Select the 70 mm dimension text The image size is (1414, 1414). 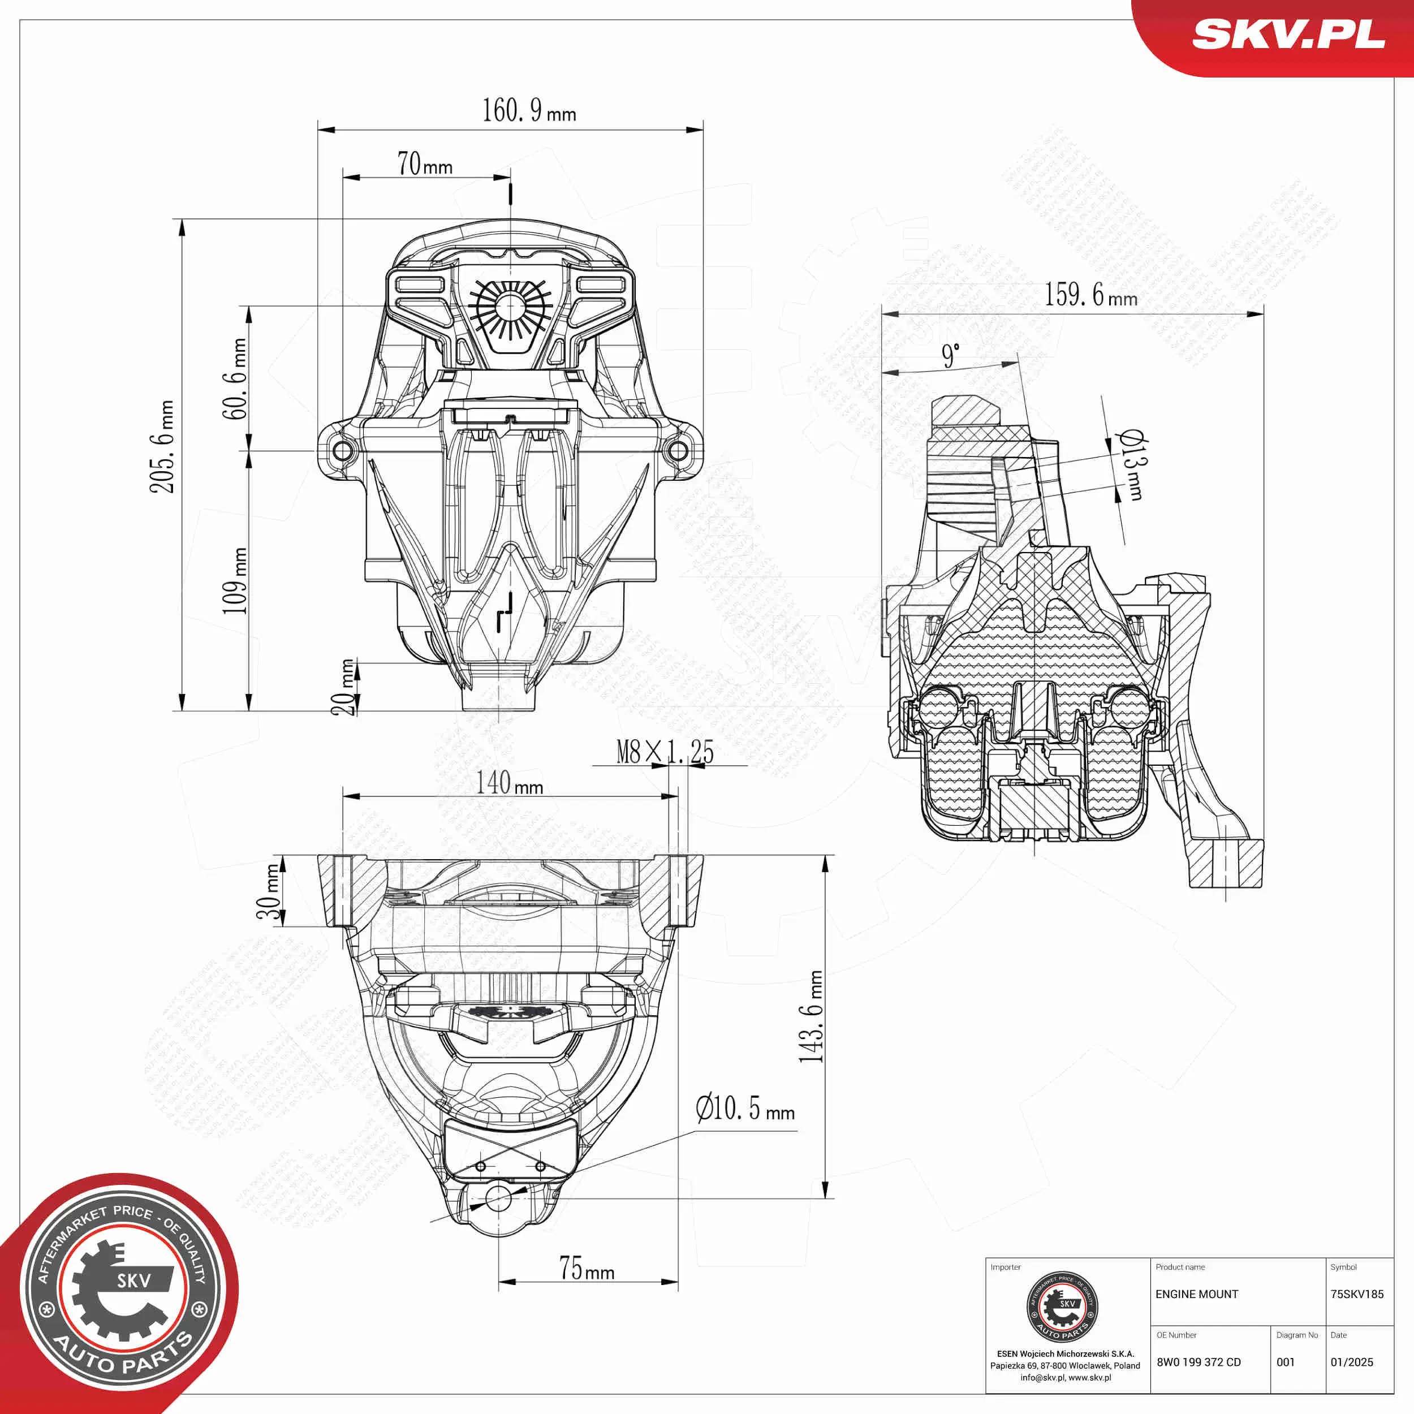(425, 164)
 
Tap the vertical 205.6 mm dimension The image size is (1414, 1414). (162, 446)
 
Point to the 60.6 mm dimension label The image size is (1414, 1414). (235, 378)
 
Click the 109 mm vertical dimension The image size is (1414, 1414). (235, 580)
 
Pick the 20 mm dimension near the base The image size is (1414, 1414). (344, 687)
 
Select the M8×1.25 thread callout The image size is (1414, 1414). (665, 752)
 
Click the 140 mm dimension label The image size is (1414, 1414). (510, 783)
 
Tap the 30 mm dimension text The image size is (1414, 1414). (269, 891)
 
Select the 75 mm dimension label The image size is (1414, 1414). (586, 1268)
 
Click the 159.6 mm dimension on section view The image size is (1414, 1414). (1090, 295)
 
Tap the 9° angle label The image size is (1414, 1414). (950, 356)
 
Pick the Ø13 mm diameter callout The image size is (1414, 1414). (1131, 465)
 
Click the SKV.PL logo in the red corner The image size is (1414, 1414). (1288, 34)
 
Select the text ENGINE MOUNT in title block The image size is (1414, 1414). (1197, 1294)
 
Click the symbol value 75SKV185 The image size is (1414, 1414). (1356, 1294)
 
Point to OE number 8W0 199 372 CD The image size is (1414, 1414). (1198, 1362)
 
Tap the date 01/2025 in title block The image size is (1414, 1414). (1351, 1362)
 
